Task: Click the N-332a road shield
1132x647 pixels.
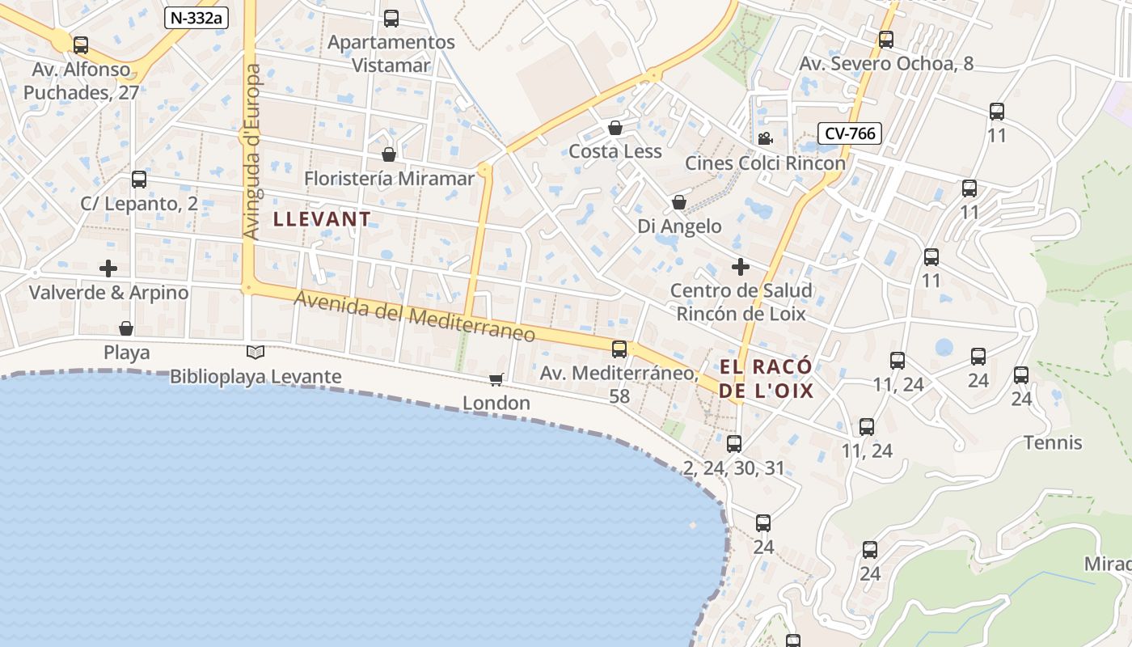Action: (196, 18)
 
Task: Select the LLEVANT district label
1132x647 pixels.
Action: (322, 218)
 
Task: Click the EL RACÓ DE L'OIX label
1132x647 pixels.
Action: (766, 379)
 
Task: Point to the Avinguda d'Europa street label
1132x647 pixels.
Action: (252, 152)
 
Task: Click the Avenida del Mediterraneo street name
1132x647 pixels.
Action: (414, 316)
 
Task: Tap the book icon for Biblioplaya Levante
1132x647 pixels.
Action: (256, 352)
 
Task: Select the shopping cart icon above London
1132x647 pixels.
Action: (496, 379)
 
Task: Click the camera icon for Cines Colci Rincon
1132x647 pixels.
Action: (765, 139)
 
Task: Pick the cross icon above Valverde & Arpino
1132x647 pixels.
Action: (108, 268)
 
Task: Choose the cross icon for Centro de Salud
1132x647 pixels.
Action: (740, 266)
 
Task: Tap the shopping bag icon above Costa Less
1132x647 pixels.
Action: (615, 128)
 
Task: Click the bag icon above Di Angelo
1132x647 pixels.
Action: (679, 202)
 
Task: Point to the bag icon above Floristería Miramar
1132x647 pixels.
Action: (389, 154)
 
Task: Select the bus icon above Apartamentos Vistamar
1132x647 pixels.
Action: (391, 18)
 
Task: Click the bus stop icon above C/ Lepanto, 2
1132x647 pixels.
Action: (139, 180)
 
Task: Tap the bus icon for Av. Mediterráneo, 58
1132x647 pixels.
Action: (619, 349)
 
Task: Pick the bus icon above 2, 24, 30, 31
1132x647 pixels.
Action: (734, 443)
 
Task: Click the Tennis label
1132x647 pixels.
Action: (1053, 442)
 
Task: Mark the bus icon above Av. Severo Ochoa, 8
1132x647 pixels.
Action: (886, 39)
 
